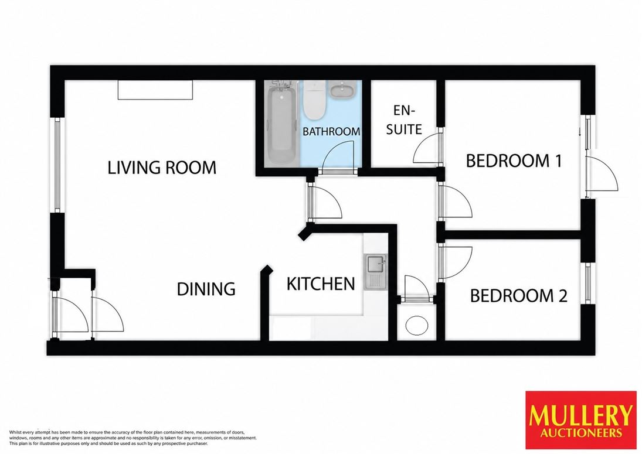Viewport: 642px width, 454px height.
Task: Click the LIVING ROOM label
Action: pyautogui.click(x=162, y=168)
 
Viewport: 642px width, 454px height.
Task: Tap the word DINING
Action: pyautogui.click(x=206, y=289)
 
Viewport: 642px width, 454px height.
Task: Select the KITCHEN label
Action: pyautogui.click(x=321, y=284)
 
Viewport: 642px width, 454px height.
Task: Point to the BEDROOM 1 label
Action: pyautogui.click(x=514, y=161)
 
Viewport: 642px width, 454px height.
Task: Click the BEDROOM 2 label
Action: pyautogui.click(x=518, y=296)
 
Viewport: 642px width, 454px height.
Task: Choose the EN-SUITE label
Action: pyautogui.click(x=404, y=120)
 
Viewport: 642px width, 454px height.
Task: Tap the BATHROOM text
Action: pyautogui.click(x=331, y=132)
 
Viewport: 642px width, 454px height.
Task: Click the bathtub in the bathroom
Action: pyautogui.click(x=280, y=122)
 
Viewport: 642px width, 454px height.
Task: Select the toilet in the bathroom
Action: pyautogui.click(x=314, y=100)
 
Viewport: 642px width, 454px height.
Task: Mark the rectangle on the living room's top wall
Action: pyautogui.click(x=155, y=90)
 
